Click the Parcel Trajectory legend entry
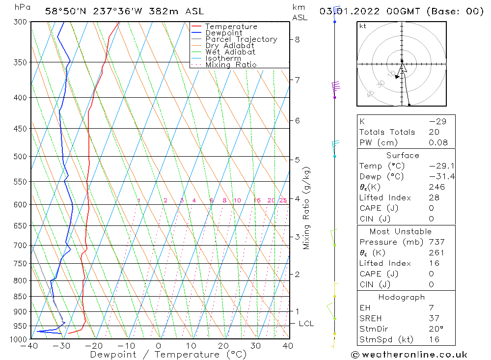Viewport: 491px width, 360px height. (241, 39)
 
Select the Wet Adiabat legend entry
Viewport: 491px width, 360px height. (230, 52)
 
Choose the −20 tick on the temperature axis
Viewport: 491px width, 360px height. (94, 346)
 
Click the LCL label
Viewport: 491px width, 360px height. (306, 324)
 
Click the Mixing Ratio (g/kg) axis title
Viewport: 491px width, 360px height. (307, 208)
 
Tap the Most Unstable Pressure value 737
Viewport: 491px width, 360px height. (436, 242)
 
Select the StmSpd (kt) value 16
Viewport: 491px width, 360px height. (434, 339)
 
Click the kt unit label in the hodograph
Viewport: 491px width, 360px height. (363, 26)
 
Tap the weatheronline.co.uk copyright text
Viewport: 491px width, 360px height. (409, 355)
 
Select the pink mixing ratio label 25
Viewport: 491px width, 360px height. (283, 200)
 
